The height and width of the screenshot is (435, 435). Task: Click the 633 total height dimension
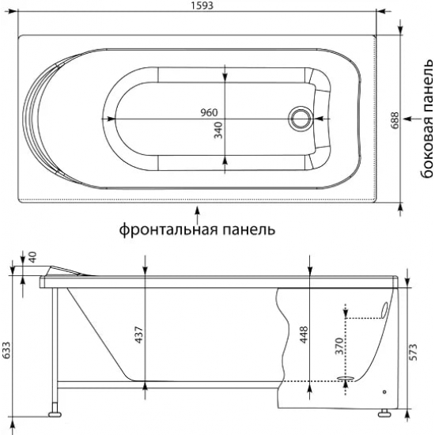coord(7,350)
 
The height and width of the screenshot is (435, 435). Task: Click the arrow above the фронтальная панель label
coord(197,211)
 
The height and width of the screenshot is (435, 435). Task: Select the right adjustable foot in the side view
coord(385,412)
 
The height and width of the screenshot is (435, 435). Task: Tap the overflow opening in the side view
coord(384,310)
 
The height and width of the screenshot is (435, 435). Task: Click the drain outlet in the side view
coord(345,380)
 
